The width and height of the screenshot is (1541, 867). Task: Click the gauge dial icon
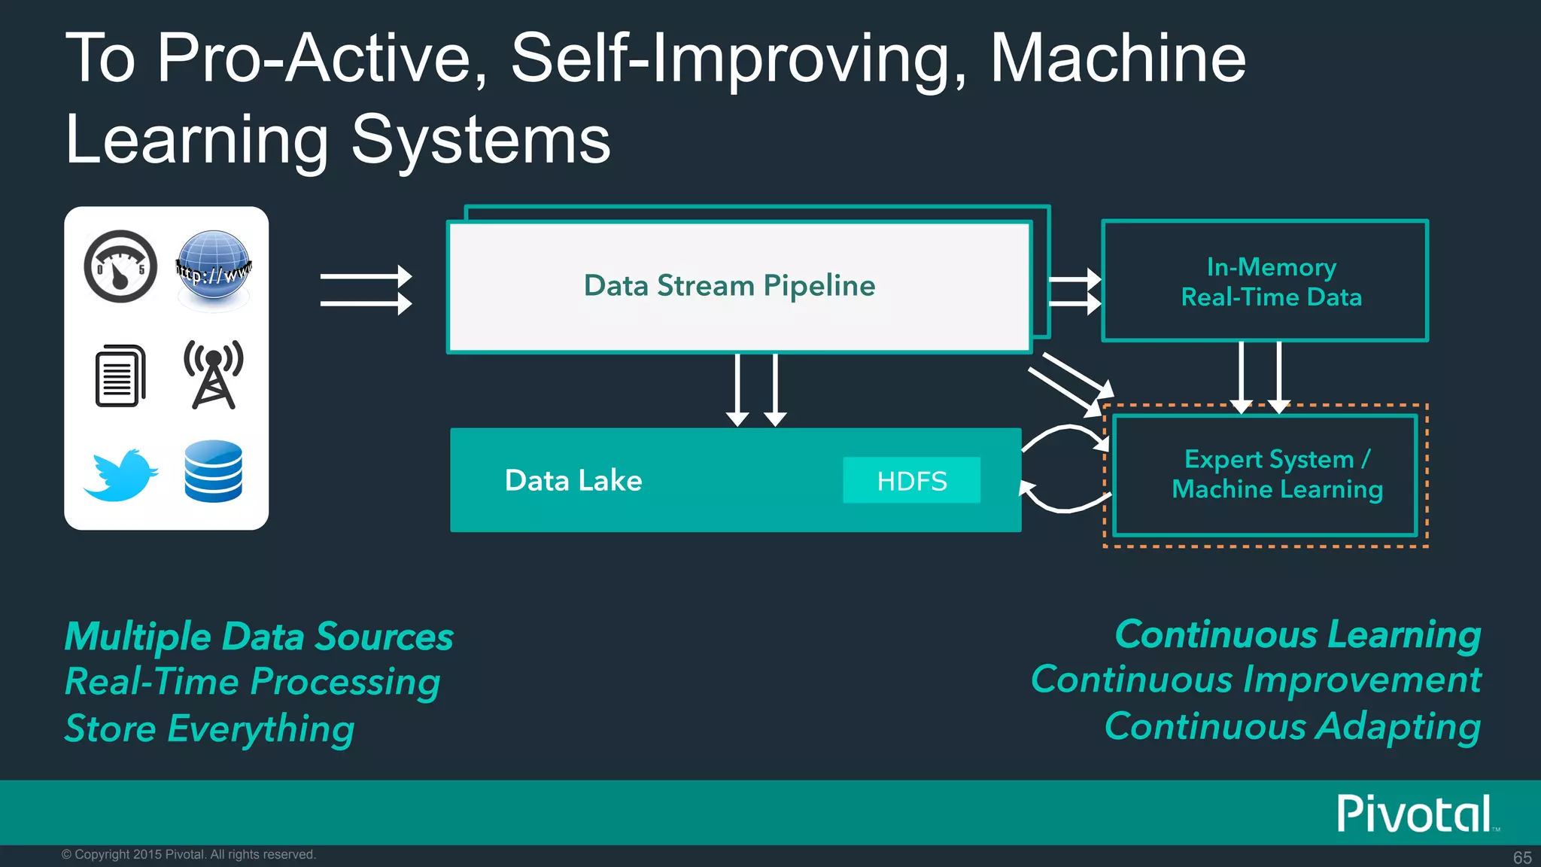click(x=120, y=266)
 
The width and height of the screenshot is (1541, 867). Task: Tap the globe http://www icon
click(x=214, y=268)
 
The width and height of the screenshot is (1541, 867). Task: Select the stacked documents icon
click(x=120, y=376)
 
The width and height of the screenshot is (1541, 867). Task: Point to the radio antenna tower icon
click(x=214, y=374)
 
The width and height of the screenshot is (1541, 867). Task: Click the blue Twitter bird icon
click(x=120, y=475)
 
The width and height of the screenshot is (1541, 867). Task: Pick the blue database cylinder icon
click(x=214, y=471)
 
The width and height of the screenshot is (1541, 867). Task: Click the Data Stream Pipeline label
click(x=729, y=286)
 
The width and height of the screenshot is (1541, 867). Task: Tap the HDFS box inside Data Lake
click(x=911, y=480)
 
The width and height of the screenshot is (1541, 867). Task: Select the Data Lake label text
click(x=573, y=480)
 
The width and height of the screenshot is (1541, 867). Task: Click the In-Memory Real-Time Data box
click(x=1264, y=281)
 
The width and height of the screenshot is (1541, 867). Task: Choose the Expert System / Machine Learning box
click(x=1265, y=475)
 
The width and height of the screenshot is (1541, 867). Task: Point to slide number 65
click(x=1521, y=857)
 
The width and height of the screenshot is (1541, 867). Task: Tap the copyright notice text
click(x=189, y=854)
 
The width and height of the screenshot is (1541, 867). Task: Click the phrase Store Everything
click(x=209, y=729)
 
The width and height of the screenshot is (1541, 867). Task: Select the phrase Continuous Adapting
click(x=1292, y=726)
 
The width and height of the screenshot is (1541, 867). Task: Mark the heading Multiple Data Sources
click(x=259, y=637)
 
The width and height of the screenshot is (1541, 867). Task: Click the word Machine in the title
click(x=1117, y=58)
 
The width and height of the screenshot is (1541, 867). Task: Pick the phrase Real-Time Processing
click(x=252, y=682)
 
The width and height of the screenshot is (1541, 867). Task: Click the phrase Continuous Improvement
click(x=1255, y=680)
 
